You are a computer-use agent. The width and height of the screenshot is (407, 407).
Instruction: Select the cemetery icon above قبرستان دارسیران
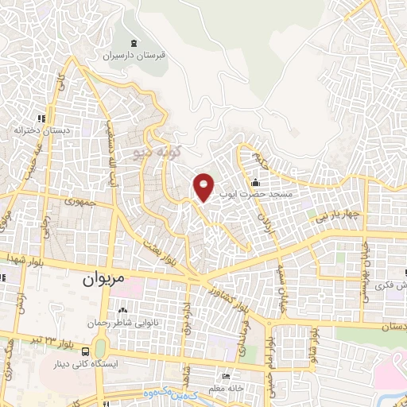click(x=133, y=43)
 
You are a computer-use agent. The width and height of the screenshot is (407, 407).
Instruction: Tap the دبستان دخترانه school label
click(x=41, y=129)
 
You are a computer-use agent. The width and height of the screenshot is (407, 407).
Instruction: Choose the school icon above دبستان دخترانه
click(x=41, y=118)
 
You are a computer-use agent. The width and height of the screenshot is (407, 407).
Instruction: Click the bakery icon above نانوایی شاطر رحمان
click(x=122, y=311)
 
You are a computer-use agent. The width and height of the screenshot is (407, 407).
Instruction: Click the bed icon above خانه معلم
click(x=227, y=378)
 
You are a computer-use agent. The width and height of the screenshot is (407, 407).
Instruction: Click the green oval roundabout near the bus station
click(x=100, y=348)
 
